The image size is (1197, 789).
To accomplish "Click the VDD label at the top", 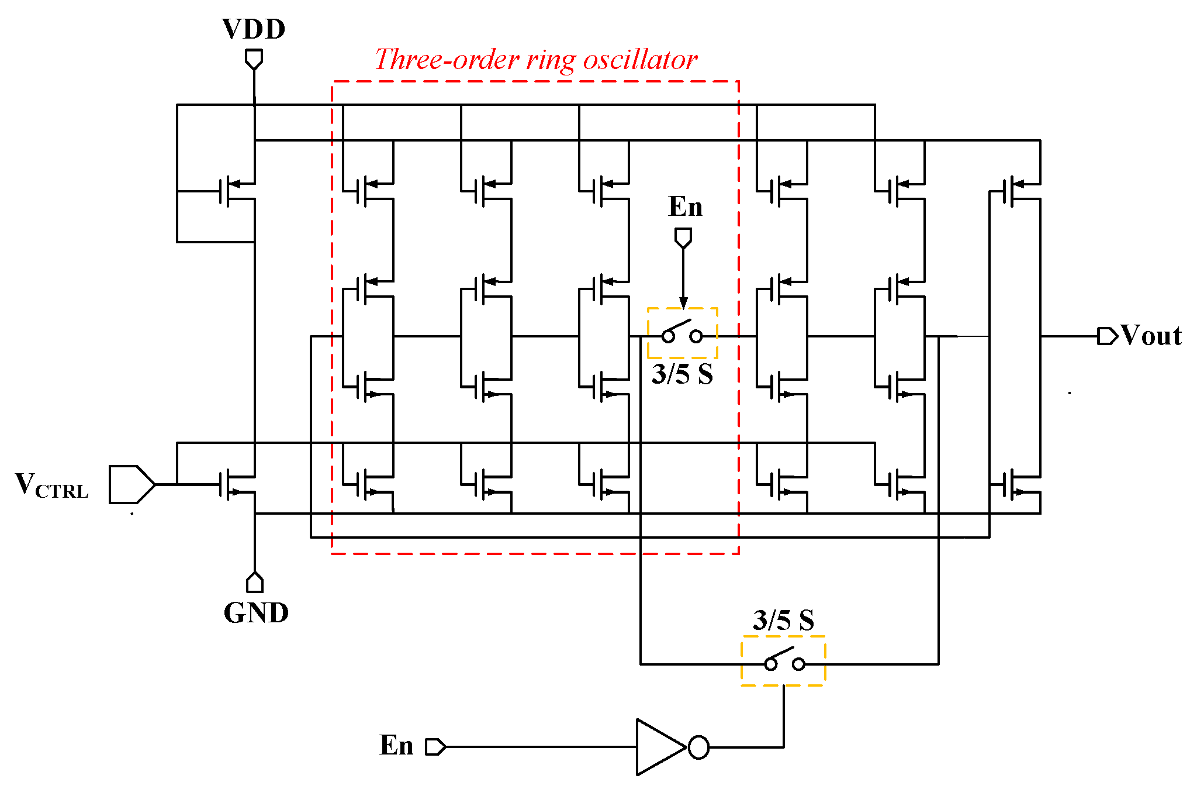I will (253, 29).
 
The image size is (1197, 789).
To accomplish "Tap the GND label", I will (256, 613).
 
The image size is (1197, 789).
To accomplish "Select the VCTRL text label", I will (51, 485).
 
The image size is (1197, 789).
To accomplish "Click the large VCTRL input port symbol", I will (132, 484).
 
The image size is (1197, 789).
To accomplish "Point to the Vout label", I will (1151, 336).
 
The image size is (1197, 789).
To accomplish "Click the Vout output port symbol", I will (1107, 336).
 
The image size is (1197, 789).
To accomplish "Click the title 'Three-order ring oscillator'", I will (535, 60).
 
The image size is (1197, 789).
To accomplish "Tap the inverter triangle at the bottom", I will (659, 747).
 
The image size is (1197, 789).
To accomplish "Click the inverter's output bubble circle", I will (698, 747).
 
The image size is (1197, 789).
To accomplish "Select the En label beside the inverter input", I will (396, 746).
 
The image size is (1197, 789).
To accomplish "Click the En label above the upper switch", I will (685, 207).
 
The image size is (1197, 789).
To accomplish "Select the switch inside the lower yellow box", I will (784, 661).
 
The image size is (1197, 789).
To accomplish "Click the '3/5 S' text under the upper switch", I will (682, 374).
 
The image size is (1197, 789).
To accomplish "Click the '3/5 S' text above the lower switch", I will (783, 620).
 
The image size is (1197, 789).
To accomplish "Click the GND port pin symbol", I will (255, 583).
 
